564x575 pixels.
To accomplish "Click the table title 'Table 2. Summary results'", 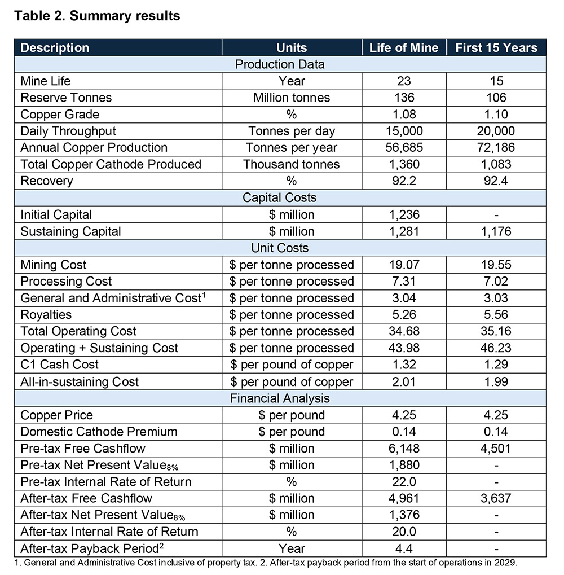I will click(97, 16).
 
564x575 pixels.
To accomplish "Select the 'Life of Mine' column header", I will click(403, 47).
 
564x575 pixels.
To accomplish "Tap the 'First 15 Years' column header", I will click(496, 47).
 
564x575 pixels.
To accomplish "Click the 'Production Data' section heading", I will click(280, 64).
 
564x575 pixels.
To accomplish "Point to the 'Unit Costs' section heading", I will click(280, 248).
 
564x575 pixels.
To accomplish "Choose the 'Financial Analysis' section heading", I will click(280, 398).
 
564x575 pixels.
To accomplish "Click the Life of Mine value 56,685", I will click(403, 148).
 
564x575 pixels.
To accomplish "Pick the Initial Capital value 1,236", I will click(403, 214).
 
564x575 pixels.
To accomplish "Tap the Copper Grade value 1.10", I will click(496, 115).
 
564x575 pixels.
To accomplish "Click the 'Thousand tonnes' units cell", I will click(292, 164).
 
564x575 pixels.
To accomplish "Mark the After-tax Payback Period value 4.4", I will click(403, 548).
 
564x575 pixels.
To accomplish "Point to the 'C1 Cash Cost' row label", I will click(59, 365).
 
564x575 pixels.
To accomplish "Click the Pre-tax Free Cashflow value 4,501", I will click(496, 448).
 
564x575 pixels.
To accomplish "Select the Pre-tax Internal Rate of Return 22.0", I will click(403, 481).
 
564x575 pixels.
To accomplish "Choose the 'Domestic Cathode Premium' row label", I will click(99, 432).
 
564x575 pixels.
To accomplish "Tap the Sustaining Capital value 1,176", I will click(496, 231).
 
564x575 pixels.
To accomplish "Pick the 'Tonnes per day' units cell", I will click(292, 131).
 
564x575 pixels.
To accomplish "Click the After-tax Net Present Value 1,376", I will click(403, 515).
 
